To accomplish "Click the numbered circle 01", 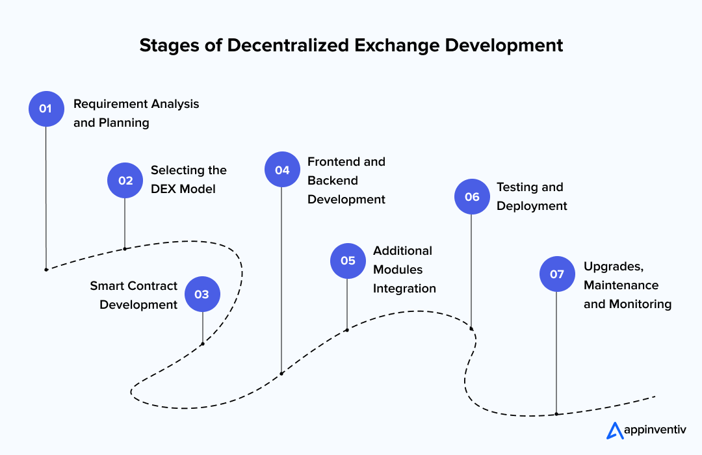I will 46,109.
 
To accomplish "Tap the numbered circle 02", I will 125,180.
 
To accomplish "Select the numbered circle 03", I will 202,294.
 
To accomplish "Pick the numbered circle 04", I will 282,170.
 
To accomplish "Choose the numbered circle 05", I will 348,261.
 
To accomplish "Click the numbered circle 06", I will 472,196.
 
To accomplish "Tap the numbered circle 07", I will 557,274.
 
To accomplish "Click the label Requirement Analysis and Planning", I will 136,113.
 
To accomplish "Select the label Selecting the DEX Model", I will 188,179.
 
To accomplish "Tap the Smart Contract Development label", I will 134,295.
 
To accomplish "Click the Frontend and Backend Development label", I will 346,180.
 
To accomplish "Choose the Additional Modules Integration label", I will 404,269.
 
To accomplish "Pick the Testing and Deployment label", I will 532,196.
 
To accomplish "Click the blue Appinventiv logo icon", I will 614,430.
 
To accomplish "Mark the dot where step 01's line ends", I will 46,269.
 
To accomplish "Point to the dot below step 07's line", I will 556,413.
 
